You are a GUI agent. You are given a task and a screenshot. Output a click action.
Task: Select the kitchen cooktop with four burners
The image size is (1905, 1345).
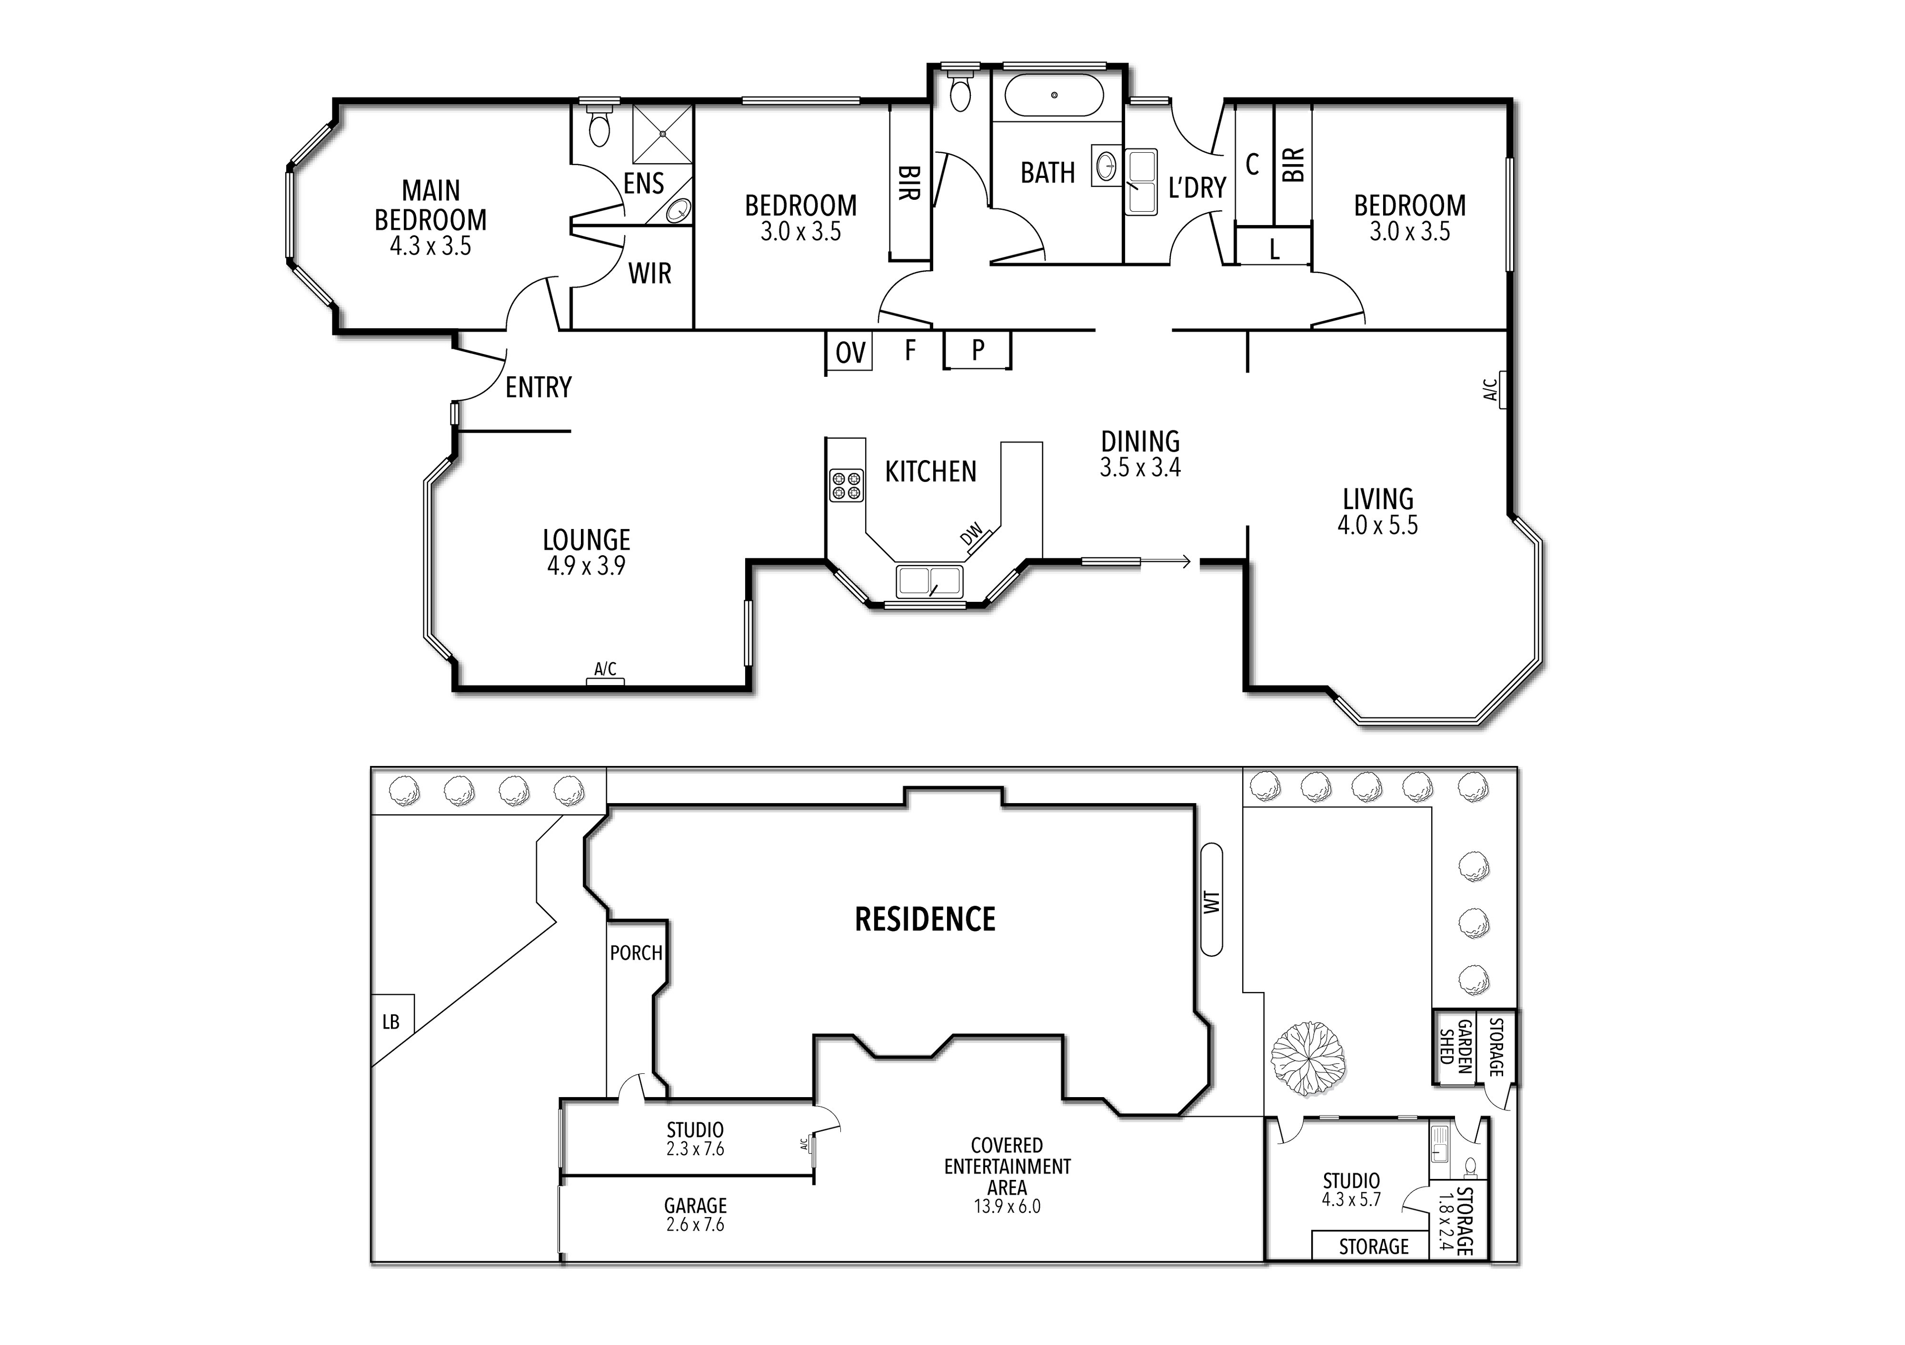(845, 485)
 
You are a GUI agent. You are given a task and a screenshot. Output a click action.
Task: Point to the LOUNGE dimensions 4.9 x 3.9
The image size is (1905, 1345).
(586, 566)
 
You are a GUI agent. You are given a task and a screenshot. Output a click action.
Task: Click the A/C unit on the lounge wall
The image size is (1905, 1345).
(605, 681)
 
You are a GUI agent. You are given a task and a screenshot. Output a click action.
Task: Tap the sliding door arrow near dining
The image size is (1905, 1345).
(1166, 562)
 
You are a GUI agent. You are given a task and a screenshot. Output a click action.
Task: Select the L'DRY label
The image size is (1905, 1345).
(1197, 188)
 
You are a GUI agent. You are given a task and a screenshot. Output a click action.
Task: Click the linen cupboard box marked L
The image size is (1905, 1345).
(1273, 248)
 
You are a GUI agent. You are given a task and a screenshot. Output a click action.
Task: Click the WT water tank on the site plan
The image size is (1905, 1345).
(1211, 900)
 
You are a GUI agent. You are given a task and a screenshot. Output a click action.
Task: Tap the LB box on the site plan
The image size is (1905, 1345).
(391, 1022)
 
